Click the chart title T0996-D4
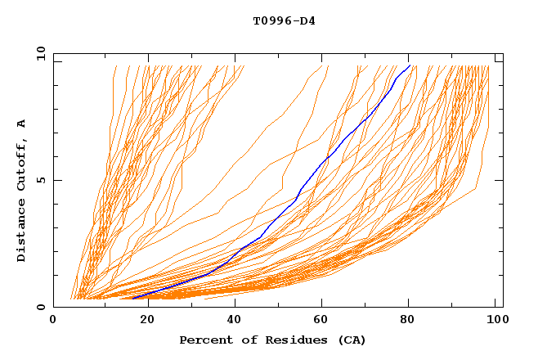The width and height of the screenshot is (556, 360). (284, 20)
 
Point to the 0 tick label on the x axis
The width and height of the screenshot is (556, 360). (54, 320)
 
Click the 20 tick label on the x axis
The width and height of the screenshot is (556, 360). (143, 320)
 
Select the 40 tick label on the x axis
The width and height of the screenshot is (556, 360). (232, 320)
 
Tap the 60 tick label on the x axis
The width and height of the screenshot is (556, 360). (321, 320)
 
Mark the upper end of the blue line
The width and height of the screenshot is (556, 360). (410, 65)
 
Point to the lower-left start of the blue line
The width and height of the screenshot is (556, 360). (132, 298)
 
